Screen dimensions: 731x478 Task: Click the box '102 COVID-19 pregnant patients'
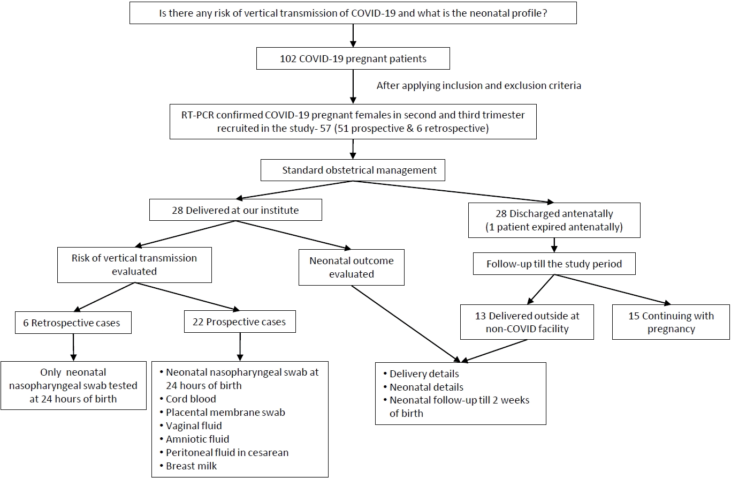click(353, 58)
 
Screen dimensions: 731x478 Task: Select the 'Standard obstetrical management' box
click(353, 170)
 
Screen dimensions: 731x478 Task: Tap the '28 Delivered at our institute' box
click(235, 210)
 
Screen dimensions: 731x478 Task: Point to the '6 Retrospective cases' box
click(73, 323)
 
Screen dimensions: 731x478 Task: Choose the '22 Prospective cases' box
click(240, 322)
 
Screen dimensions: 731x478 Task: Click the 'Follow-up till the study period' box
click(554, 264)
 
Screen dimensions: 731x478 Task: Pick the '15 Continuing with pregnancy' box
click(671, 322)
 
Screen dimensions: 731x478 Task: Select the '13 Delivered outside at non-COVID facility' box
click(527, 322)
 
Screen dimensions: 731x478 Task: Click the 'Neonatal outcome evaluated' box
click(352, 267)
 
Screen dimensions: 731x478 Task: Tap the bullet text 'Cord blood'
click(191, 399)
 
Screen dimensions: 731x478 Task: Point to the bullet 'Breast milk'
click(191, 466)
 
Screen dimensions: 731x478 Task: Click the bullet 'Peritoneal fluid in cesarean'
click(227, 452)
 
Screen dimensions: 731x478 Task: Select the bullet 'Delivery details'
click(424, 374)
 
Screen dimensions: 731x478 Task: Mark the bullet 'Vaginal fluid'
click(194, 425)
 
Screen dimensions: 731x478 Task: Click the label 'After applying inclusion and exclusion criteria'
click(479, 86)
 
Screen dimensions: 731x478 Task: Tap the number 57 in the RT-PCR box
click(325, 129)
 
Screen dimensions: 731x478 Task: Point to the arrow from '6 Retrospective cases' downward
click(73, 347)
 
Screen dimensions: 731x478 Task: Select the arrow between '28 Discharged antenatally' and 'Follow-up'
click(554, 245)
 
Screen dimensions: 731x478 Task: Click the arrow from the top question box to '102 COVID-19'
click(353, 35)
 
